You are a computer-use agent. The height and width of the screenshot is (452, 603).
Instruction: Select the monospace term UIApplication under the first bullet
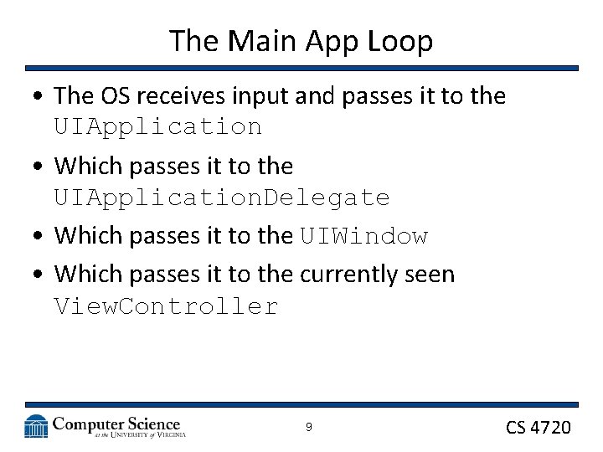[158, 127]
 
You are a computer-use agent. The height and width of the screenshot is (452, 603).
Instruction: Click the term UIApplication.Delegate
[222, 198]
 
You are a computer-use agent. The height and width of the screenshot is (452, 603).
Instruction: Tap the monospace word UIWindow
[364, 237]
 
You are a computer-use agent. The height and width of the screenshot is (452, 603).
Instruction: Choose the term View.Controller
[166, 307]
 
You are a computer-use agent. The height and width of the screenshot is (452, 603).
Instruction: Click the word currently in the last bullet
[358, 274]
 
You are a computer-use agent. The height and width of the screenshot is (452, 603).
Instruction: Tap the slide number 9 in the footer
[308, 427]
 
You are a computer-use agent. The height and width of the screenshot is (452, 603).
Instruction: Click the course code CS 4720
[539, 428]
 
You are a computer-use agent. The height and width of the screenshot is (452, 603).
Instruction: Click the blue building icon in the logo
[36, 426]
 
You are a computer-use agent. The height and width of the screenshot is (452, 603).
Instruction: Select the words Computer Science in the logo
[116, 423]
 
